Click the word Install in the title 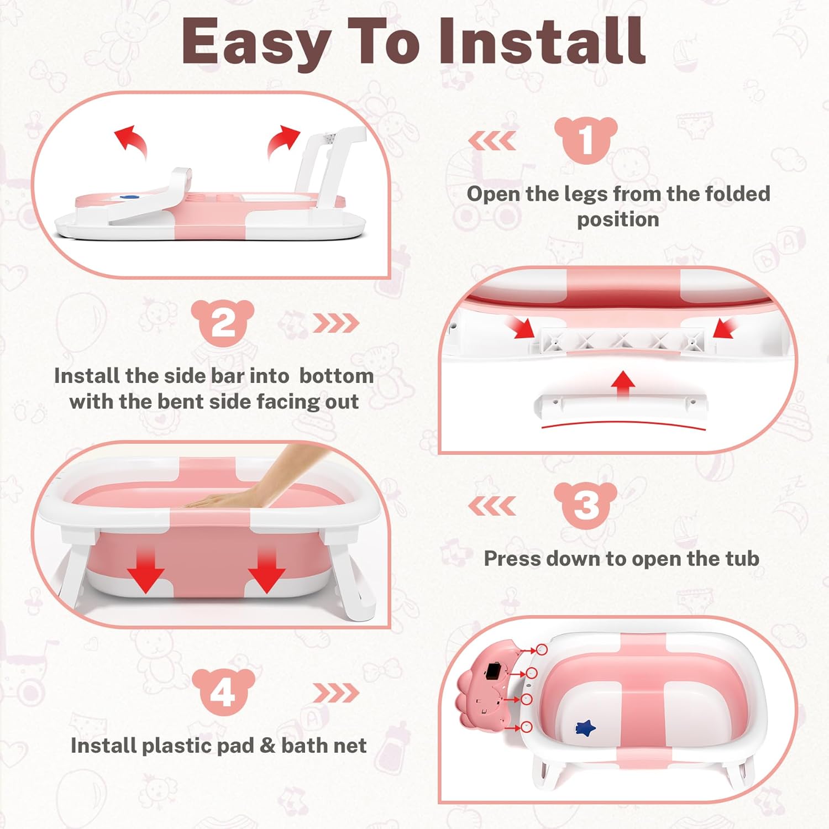coord(542,41)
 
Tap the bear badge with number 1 coord(586,139)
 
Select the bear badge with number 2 coord(223,322)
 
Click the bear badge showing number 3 coord(586,504)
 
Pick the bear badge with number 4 coord(223,692)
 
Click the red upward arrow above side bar coord(623,383)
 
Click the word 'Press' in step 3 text coord(512,559)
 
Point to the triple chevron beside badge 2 coord(336,323)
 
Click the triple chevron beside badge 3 coord(492,505)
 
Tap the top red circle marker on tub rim coord(542,650)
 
